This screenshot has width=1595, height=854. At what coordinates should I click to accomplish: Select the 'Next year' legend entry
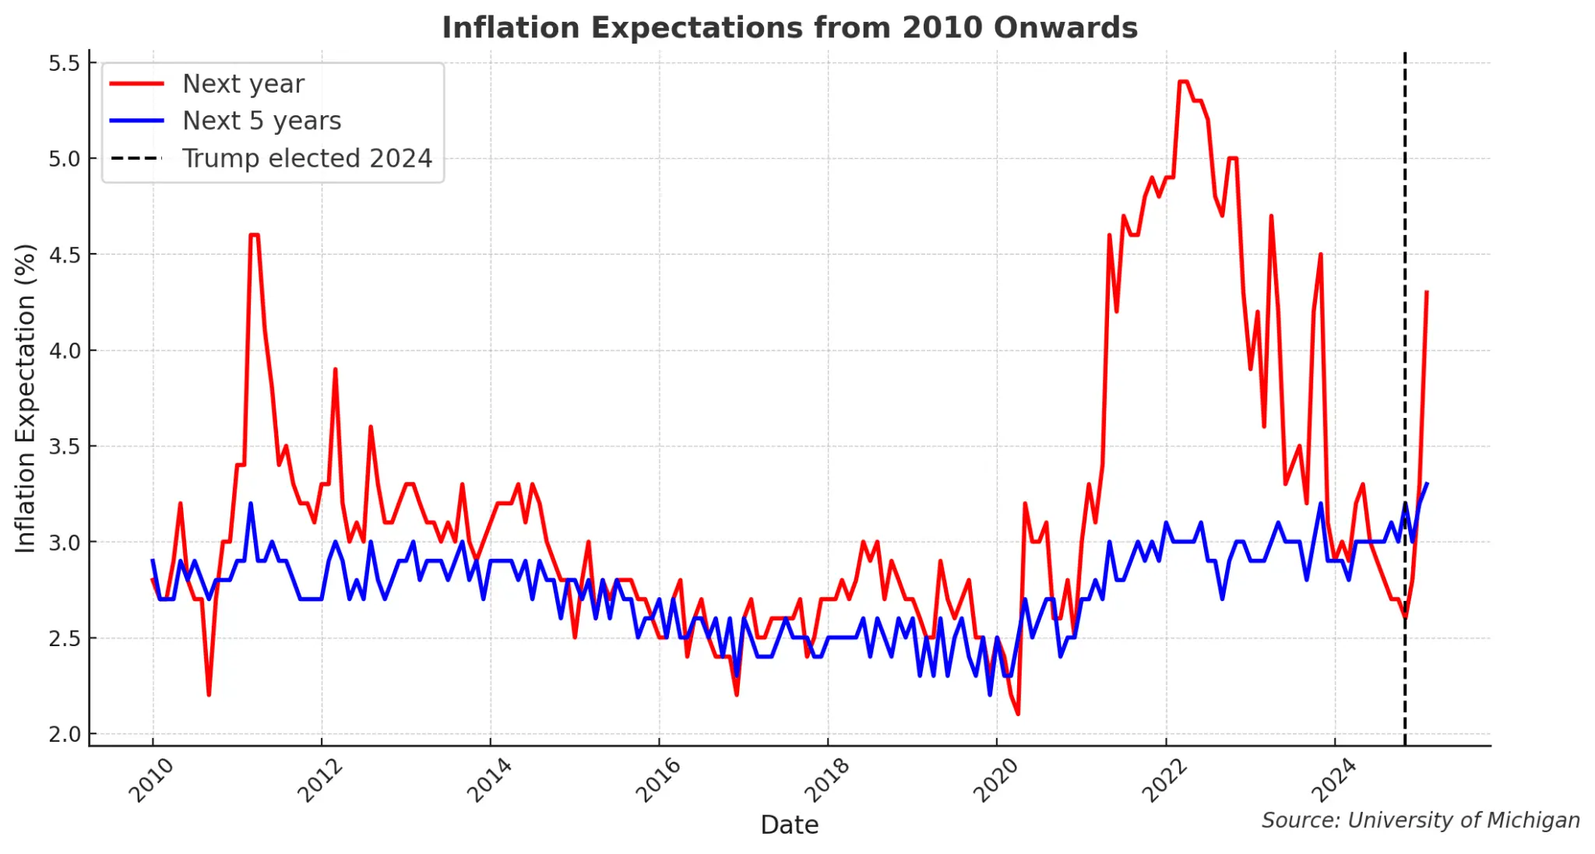[x=242, y=84]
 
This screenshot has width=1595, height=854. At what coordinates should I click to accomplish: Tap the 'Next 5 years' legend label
[x=262, y=121]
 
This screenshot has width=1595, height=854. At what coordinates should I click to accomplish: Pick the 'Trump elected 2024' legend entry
[x=306, y=159]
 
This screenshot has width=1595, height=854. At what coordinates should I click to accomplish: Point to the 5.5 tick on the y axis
[x=65, y=63]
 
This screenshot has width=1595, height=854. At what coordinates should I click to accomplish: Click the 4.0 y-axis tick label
[x=65, y=350]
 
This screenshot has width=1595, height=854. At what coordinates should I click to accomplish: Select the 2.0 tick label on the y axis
[x=65, y=734]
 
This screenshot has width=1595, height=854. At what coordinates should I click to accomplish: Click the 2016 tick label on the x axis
[x=658, y=780]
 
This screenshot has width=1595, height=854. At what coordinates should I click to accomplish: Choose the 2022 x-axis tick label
[x=1164, y=780]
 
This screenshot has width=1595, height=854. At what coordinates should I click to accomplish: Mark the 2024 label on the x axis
[x=1333, y=780]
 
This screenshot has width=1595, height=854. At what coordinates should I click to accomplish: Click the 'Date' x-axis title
[x=789, y=825]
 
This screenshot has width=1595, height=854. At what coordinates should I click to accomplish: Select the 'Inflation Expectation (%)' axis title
[x=26, y=399]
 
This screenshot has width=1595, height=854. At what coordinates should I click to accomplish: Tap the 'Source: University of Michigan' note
[x=1420, y=821]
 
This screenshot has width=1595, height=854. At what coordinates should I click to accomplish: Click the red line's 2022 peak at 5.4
[x=1183, y=82]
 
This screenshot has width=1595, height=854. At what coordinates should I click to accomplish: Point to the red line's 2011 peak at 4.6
[x=254, y=235]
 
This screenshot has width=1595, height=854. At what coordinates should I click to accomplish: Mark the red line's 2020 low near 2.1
[x=1018, y=714]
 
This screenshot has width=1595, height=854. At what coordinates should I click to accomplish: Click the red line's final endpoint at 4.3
[x=1426, y=292]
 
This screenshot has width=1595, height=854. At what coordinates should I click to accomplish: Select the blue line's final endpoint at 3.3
[x=1426, y=484]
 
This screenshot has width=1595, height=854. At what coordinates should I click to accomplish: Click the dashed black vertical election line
[x=1405, y=389]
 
